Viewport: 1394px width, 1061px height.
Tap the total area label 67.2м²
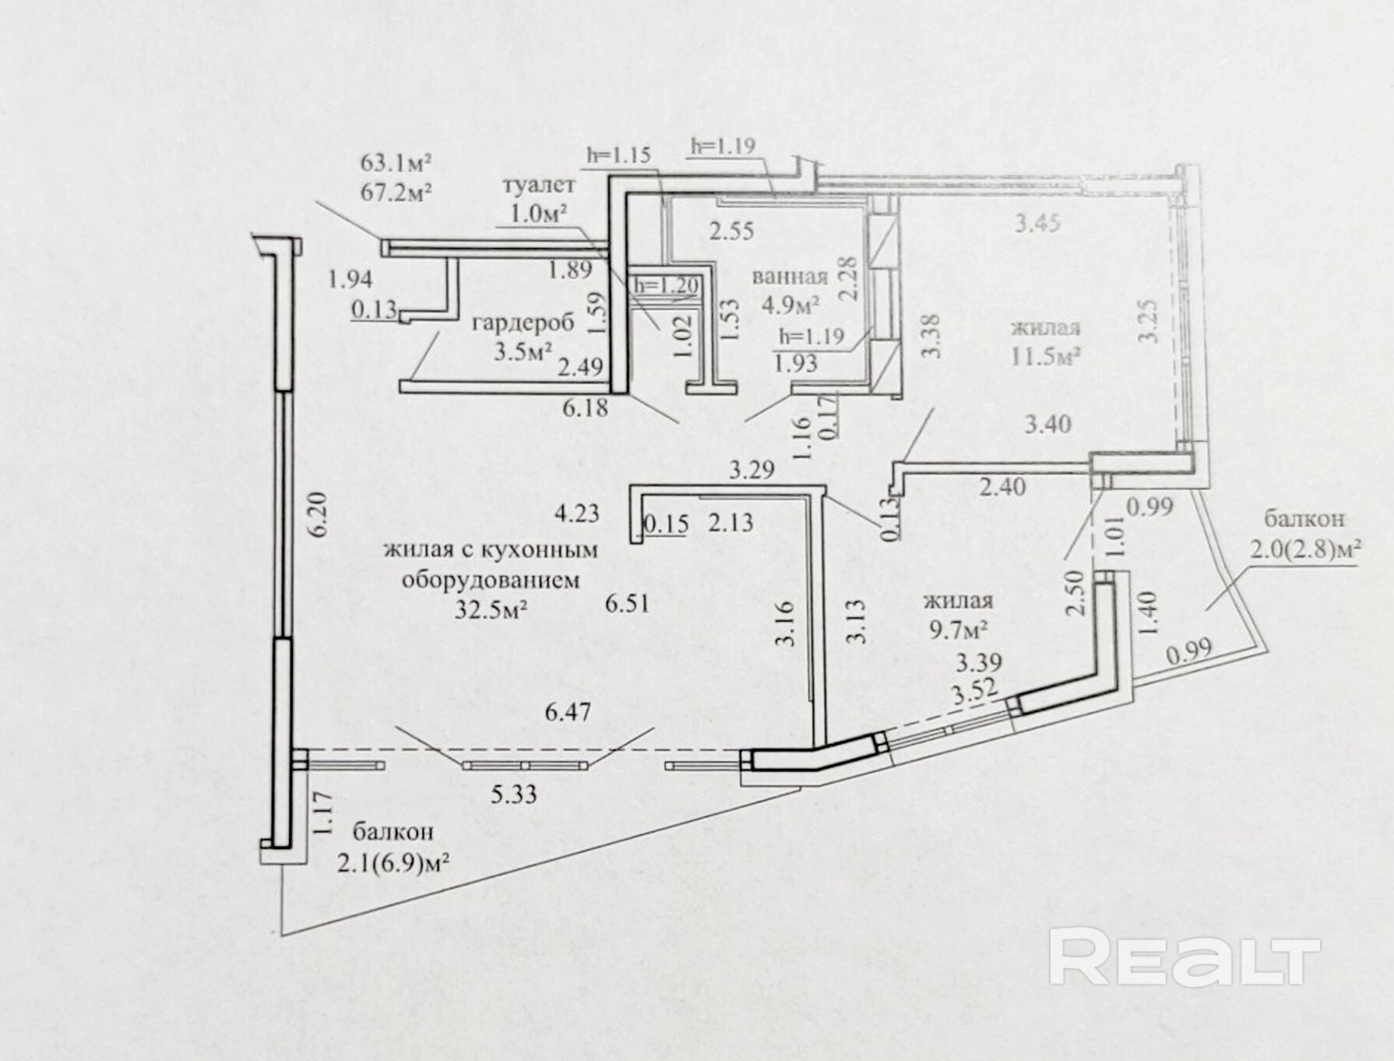tap(396, 192)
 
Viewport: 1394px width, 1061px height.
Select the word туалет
tap(539, 185)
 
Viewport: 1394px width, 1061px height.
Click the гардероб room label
tap(523, 322)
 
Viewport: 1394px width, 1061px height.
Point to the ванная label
tap(790, 277)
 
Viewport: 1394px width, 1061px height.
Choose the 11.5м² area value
tap(1045, 357)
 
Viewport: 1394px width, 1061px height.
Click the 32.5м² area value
tap(491, 609)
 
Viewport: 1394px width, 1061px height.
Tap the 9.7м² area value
tap(958, 628)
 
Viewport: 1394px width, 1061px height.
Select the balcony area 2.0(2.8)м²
tap(1305, 550)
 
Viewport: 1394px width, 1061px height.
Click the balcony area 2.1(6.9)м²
tap(394, 863)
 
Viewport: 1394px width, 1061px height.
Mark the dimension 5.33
tap(513, 794)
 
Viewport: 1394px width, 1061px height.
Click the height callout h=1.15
tap(618, 155)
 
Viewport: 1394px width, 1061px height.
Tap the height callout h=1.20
tap(666, 286)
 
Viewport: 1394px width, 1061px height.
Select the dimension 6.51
tap(627, 603)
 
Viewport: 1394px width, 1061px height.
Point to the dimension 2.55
tap(731, 231)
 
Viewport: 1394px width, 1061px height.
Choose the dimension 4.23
tap(577, 513)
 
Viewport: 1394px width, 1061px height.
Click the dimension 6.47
tap(568, 712)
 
